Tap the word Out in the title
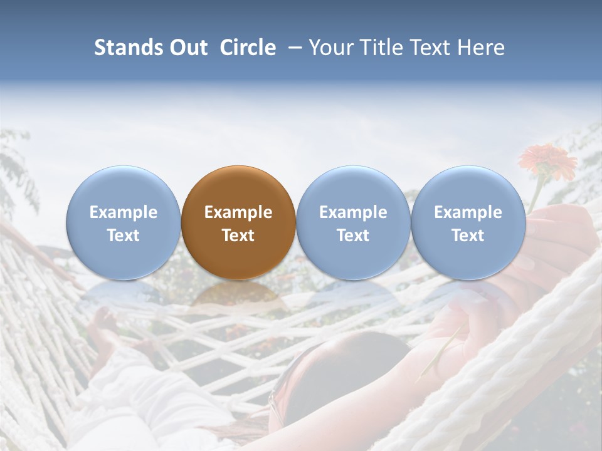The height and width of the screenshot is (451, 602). (x=186, y=48)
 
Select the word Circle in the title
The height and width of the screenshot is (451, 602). (x=248, y=48)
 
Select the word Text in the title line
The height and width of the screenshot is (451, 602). (x=430, y=48)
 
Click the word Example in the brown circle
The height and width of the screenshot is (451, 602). (x=238, y=212)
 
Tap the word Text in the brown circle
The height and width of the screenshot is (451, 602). (x=238, y=236)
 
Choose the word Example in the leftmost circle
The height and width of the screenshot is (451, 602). (x=124, y=212)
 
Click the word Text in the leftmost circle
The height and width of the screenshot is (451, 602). (x=124, y=236)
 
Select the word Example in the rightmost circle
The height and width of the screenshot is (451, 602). (x=468, y=212)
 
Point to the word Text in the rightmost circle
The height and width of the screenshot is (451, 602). (x=468, y=236)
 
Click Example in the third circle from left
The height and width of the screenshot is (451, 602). (x=353, y=212)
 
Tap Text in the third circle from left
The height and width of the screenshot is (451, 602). (x=353, y=236)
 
